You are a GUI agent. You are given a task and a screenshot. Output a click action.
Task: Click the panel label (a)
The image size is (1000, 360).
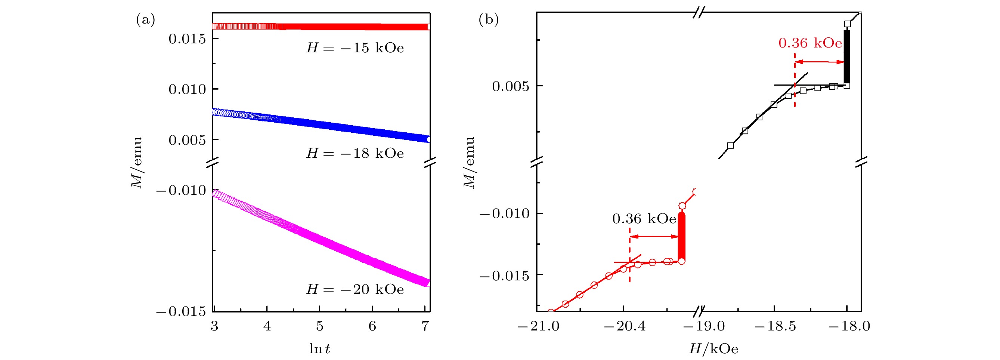coord(146,19)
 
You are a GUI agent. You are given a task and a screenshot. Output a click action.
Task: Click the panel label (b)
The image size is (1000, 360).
coord(488,19)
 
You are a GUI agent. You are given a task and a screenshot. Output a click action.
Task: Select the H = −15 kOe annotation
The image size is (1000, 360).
coord(355,48)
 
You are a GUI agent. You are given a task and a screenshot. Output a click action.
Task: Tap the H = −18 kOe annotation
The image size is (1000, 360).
coord(355,153)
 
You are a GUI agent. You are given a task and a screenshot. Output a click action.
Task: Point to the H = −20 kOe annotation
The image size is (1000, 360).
coord(355,289)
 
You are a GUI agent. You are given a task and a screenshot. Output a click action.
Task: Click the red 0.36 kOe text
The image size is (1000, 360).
coord(810,43)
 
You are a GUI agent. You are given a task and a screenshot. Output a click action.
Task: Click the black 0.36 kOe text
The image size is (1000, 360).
coord(644,219)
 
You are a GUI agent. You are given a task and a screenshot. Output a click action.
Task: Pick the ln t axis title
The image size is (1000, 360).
coord(319,349)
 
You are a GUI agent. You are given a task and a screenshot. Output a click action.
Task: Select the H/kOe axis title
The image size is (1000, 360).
coord(713,349)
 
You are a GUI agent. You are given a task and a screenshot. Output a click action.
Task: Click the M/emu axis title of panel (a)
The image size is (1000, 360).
coord(137,162)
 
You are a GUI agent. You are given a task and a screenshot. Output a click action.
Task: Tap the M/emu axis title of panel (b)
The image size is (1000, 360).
coord(469,162)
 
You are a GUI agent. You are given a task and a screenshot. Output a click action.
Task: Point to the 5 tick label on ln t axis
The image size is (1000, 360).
coord(319,326)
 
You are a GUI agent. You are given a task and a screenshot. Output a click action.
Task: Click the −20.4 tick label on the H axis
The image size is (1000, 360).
coord(624,326)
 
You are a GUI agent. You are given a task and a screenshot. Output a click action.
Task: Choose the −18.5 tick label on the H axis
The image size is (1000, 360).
coord(774,326)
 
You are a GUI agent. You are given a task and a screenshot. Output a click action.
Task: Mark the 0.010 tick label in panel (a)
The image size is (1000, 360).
coord(187,89)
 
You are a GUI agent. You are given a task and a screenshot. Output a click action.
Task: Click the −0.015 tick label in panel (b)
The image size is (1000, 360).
coord(504,276)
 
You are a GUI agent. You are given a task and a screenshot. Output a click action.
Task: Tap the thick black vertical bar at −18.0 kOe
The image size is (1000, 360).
coord(847,58)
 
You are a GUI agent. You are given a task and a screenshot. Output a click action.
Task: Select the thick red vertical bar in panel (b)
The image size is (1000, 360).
coord(682,237)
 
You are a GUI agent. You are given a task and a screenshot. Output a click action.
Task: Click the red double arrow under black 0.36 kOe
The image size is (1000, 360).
coord(654,237)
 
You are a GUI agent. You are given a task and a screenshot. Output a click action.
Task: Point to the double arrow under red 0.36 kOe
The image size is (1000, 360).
coord(820,62)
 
